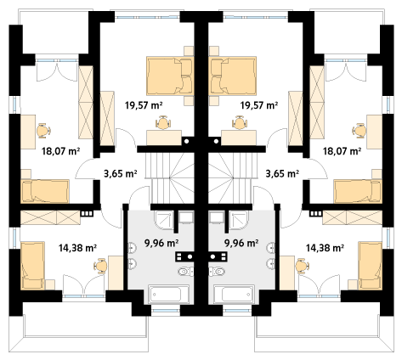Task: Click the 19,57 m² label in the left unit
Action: click(x=144, y=105)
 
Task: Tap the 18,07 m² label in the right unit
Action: click(x=342, y=151)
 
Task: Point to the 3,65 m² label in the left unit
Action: click(x=121, y=173)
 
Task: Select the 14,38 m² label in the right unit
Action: click(x=325, y=248)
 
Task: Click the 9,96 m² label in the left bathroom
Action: click(x=161, y=243)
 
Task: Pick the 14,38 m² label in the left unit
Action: click(x=77, y=248)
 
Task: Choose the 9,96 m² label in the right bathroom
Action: click(x=241, y=243)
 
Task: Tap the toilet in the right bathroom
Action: click(x=217, y=272)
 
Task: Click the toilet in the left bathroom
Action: click(x=186, y=272)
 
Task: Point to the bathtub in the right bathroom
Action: click(x=234, y=295)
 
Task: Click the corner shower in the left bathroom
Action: click(x=163, y=219)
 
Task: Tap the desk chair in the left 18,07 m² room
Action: click(x=43, y=131)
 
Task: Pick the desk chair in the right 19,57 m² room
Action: click(x=240, y=122)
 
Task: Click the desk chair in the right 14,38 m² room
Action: click(x=302, y=267)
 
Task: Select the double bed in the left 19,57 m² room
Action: click(x=170, y=76)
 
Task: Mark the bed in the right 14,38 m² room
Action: click(x=370, y=266)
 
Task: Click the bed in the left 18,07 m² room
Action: click(x=45, y=191)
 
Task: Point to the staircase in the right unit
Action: click(x=229, y=178)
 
